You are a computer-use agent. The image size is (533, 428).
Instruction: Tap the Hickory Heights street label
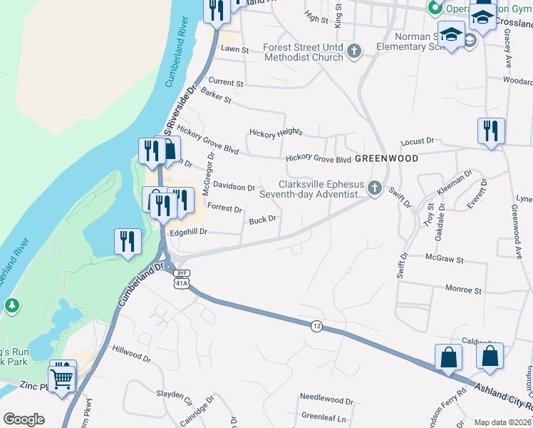(x=276, y=133)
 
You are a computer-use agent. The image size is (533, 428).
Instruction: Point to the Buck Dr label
(x=262, y=220)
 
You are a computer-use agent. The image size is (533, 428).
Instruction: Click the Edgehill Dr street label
(x=187, y=232)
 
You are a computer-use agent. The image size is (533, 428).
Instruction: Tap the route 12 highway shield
(x=315, y=325)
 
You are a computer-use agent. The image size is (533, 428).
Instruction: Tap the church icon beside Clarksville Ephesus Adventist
(x=376, y=189)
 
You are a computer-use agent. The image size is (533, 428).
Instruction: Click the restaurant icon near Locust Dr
(x=491, y=131)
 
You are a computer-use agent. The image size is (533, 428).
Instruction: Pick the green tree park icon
(x=11, y=305)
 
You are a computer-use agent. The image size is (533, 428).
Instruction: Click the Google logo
(x=24, y=419)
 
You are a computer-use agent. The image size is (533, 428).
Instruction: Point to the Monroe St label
(x=463, y=291)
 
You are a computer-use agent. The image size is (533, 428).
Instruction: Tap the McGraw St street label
(x=444, y=258)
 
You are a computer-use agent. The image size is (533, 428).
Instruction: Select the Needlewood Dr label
(x=326, y=401)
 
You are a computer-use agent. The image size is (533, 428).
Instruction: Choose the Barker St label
(x=216, y=96)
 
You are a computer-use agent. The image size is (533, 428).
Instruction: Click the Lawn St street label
(x=234, y=50)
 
